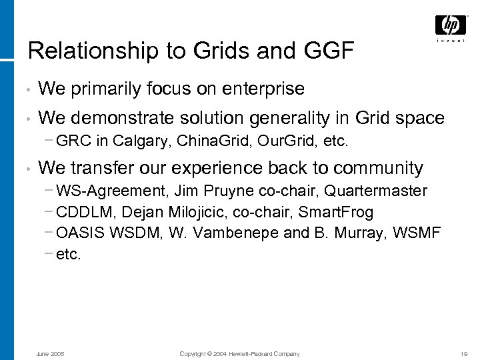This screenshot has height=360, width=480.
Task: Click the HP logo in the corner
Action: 451,26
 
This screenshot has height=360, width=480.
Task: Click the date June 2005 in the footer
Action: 49,353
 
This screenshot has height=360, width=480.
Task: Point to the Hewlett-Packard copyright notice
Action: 239,353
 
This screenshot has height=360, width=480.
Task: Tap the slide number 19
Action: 464,353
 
